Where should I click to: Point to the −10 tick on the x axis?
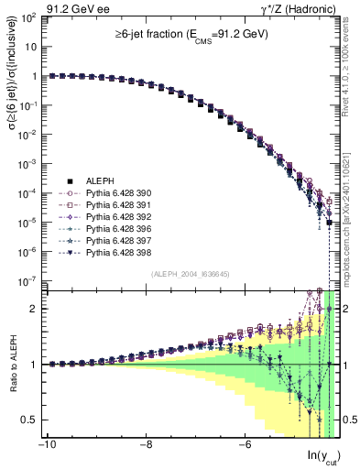point(45,446)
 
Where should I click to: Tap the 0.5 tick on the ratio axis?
point(28,420)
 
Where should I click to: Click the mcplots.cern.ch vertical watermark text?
point(352,211)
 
